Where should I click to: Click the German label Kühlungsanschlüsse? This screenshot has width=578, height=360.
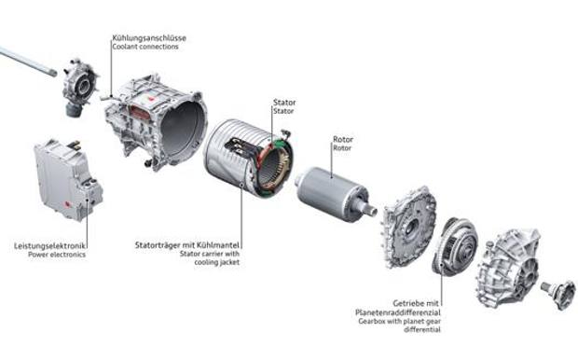click(149, 38)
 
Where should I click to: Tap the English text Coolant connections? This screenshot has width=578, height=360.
click(145, 47)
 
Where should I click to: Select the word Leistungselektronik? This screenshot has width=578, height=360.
click(49, 245)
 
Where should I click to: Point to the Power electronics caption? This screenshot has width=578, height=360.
click(57, 255)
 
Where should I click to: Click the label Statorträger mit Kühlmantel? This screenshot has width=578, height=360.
click(187, 245)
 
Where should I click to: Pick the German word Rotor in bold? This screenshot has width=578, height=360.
click(343, 139)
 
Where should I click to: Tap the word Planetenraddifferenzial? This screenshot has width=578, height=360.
click(398, 312)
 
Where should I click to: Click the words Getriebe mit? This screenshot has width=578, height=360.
click(416, 303)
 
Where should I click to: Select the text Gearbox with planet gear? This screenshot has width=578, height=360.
click(400, 321)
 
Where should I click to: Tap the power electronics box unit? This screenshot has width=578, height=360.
click(67, 180)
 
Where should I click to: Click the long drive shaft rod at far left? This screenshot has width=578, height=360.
click(28, 61)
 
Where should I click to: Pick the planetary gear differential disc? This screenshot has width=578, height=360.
click(455, 246)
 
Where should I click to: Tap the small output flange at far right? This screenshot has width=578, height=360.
click(559, 294)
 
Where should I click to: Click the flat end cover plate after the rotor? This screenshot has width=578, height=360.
click(409, 226)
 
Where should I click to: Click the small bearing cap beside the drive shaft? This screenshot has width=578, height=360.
click(79, 87)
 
